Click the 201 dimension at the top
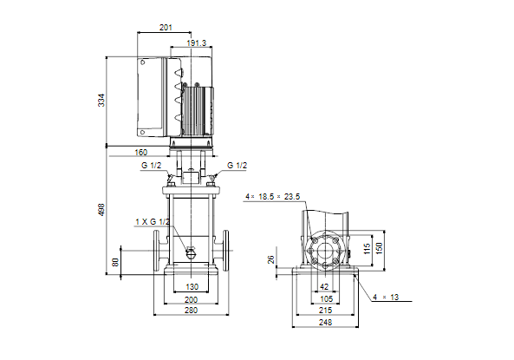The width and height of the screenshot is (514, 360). tap(166, 28)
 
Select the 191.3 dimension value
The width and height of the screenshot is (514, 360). tap(197, 43)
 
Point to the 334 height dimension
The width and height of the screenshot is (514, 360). tap(102, 100)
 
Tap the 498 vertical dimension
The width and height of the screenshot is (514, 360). tap(101, 210)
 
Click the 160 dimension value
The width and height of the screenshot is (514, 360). tap(141, 153)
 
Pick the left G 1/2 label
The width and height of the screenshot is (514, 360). tap(151, 166)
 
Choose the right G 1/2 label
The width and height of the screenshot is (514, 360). tap(237, 166)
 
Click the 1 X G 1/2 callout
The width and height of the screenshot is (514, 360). tap(153, 222)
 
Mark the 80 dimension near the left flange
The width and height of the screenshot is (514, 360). tap(115, 262)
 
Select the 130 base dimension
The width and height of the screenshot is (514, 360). tap(192, 287)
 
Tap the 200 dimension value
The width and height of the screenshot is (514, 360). tap(191, 299)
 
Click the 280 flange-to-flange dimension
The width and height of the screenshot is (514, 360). tap(191, 310)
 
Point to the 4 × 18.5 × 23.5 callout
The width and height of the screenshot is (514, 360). tap(273, 197)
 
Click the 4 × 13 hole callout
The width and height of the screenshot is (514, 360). tap(386, 298)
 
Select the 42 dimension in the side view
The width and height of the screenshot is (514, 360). tap(324, 287)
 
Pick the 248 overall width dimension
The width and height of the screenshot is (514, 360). tap(326, 322)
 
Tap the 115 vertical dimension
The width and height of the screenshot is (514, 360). tap(368, 248)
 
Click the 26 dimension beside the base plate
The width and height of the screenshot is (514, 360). tap(271, 259)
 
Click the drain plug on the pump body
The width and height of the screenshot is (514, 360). tap(191, 252)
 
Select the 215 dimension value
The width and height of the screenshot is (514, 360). tap(326, 310)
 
